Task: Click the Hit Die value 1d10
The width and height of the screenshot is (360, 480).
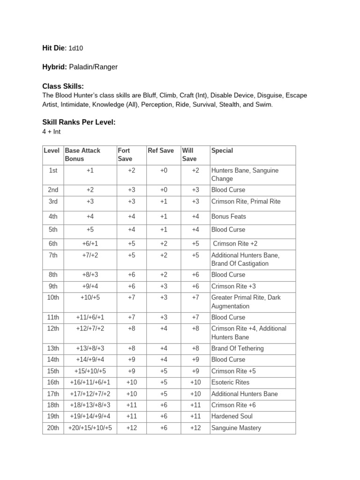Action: point(76,48)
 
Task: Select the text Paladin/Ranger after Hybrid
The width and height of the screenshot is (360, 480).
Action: point(93,67)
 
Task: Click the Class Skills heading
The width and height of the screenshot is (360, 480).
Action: point(63,86)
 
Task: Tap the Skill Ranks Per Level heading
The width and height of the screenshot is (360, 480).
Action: point(79,122)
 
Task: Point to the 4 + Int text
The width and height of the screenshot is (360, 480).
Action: point(52,132)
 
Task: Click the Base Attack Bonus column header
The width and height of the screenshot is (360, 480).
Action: point(82,155)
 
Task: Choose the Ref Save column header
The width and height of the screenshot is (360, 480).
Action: point(161,150)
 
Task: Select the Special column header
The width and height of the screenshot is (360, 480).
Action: point(222,150)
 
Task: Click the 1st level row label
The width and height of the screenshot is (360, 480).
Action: point(53,171)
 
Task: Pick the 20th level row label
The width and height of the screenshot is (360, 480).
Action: point(53,428)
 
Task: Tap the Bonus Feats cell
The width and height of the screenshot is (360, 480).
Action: point(229,217)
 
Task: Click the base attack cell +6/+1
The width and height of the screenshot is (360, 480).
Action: point(90,244)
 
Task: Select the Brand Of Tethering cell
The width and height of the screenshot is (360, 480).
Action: point(238,348)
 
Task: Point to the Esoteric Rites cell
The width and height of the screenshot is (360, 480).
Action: point(232,382)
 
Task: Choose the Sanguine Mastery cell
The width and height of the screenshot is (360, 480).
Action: point(236,428)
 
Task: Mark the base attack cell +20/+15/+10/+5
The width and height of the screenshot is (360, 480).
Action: point(90,428)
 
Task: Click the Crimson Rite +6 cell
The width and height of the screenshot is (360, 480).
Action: point(233,405)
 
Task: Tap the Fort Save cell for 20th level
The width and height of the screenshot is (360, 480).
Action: point(131,428)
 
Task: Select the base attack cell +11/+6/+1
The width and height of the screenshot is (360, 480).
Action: point(90,317)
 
